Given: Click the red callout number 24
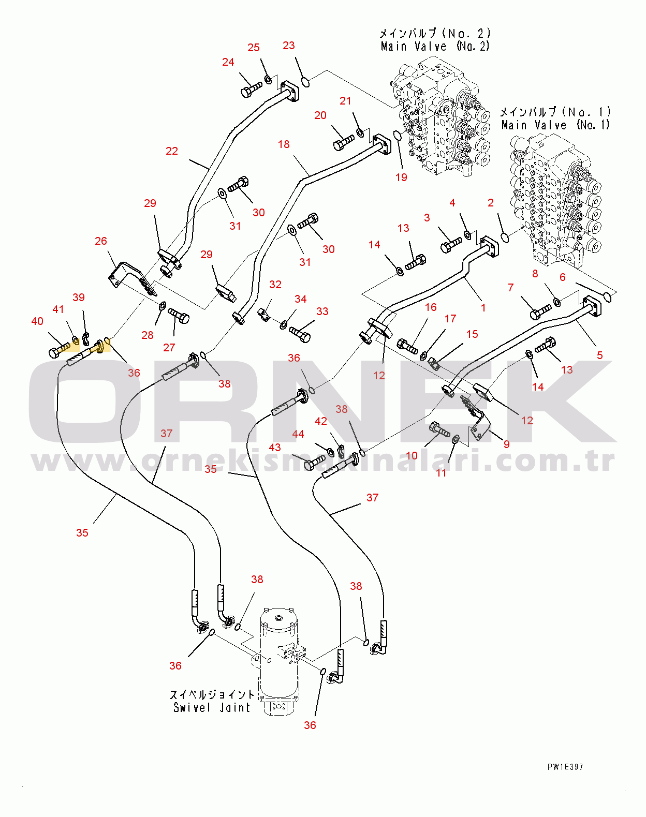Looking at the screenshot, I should click(x=228, y=62).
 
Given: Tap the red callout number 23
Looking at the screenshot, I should click(x=288, y=46).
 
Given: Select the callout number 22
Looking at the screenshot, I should click(x=171, y=151).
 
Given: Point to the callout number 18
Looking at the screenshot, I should click(x=284, y=144).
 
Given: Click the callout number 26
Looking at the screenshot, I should click(x=101, y=241).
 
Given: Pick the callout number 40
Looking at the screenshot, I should click(x=37, y=321).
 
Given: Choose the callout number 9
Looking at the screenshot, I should click(x=506, y=444).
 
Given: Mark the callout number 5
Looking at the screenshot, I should click(x=599, y=355).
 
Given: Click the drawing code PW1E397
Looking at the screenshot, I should click(x=565, y=767).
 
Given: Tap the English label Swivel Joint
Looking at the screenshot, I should click(x=211, y=707).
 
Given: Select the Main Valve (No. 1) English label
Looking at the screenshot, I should click(x=555, y=125).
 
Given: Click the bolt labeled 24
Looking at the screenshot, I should click(x=251, y=90).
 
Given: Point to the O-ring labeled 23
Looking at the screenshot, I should click(x=306, y=82).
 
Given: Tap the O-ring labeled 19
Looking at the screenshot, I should click(x=398, y=136).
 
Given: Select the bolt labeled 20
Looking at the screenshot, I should click(x=343, y=142).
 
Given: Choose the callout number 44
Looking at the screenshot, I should click(x=298, y=434).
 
